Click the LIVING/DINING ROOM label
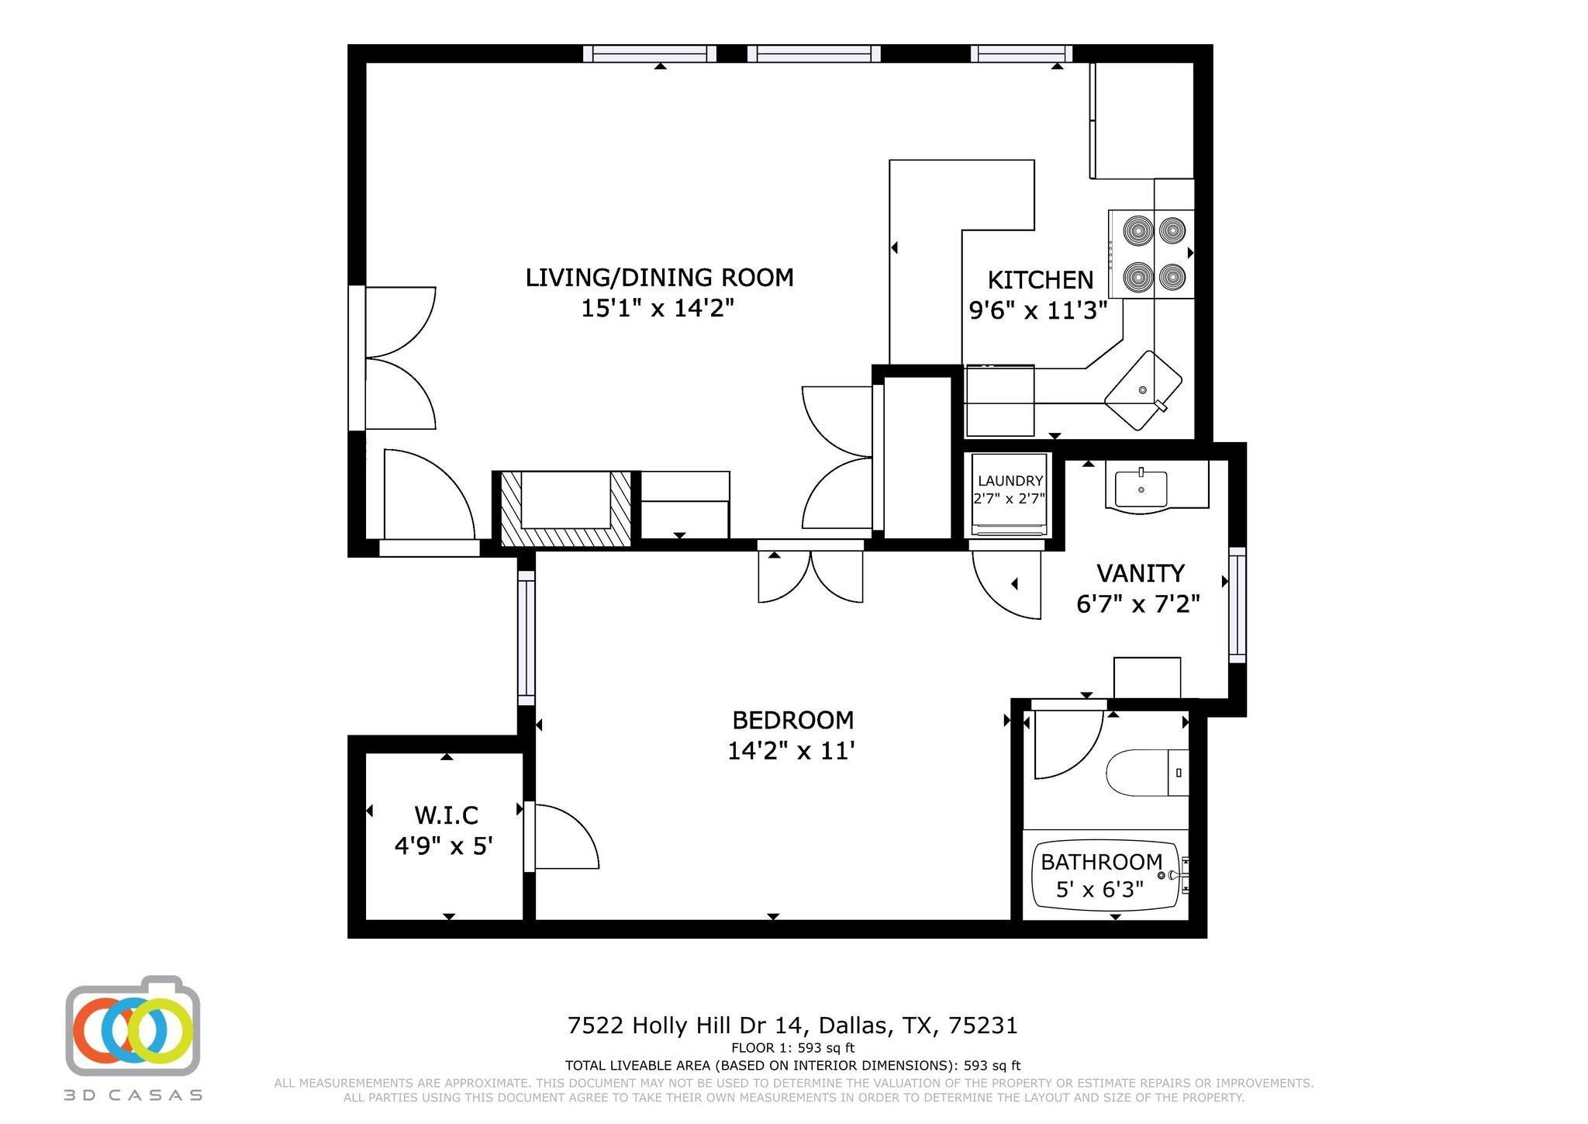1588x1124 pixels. [x=659, y=278]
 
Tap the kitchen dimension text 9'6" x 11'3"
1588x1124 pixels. [x=1037, y=311]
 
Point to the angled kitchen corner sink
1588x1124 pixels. [x=1143, y=390]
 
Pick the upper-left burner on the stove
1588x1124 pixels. [x=1137, y=230]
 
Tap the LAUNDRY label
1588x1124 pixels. [x=1010, y=481]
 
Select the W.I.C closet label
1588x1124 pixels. [x=446, y=815]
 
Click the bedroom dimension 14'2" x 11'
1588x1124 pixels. [x=791, y=751]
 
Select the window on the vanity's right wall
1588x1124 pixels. [x=1237, y=605]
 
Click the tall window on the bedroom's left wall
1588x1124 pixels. [x=526, y=638]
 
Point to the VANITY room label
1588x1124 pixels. [x=1140, y=573]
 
